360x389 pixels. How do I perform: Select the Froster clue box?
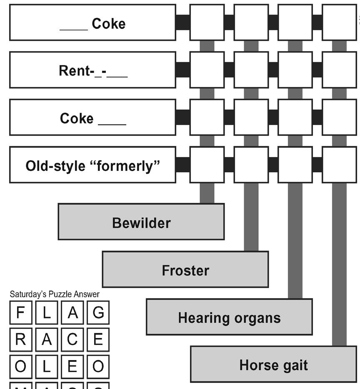point(185,270)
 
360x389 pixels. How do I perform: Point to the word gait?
point(292,365)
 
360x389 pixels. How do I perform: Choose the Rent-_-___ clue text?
point(93,71)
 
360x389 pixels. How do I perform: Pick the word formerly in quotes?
point(128,166)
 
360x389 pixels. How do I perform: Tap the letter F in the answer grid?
point(20,313)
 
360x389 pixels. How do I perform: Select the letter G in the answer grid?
point(98,313)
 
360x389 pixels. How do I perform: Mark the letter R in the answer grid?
point(20,340)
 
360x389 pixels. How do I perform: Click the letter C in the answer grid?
point(72,340)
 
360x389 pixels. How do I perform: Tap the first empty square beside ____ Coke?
point(207,23)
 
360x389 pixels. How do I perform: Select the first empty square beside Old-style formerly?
point(207,165)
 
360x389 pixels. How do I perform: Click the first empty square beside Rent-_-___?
point(207,70)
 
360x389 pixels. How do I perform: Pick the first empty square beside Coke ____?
point(207,117)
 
